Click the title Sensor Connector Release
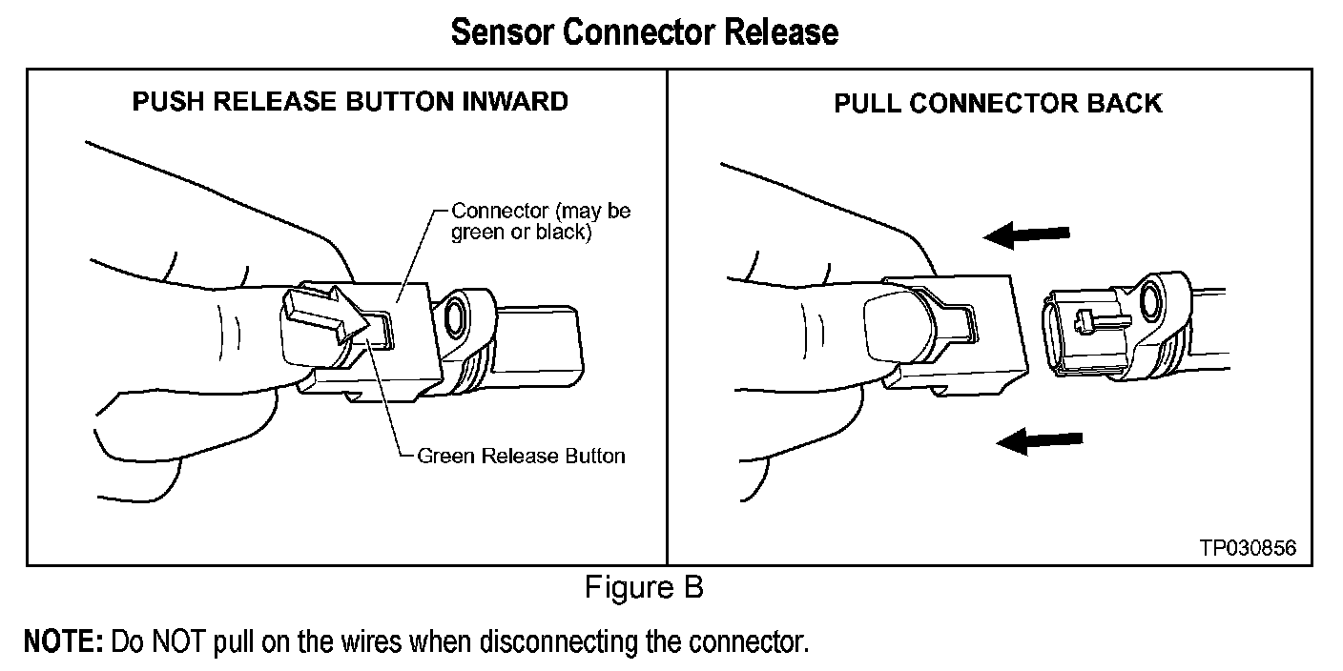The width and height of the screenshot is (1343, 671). [645, 32]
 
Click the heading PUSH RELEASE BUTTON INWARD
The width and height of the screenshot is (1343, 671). [350, 101]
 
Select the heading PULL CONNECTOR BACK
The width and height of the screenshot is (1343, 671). [998, 103]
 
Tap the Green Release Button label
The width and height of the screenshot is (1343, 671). [521, 456]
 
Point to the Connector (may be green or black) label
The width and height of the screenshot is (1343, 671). [540, 221]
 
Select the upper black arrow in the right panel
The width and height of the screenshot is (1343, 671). [1027, 234]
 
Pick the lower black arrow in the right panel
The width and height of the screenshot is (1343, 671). [1039, 440]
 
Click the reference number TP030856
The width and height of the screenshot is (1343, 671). [1249, 548]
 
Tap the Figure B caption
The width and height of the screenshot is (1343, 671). [644, 588]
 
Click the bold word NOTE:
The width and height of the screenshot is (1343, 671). [63, 640]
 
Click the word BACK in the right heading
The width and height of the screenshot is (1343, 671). [1127, 103]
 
